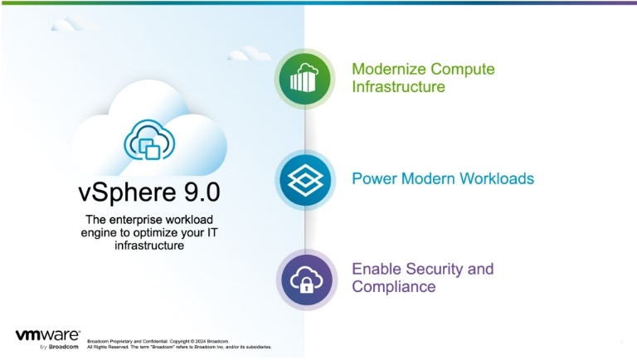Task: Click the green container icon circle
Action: tap(304, 79)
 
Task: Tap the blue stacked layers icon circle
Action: tap(305, 180)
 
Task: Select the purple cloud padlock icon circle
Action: tap(307, 280)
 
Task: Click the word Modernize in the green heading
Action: tap(389, 69)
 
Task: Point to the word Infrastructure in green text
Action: tap(398, 86)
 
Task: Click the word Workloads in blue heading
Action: tap(497, 178)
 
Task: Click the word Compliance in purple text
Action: tap(394, 286)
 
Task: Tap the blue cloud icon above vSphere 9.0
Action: tap(149, 139)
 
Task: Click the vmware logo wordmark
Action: tap(48, 335)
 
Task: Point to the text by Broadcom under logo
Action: tap(60, 347)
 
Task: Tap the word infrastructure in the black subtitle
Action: tap(149, 246)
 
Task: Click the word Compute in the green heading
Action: tap(463, 69)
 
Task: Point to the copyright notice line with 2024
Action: tap(158, 341)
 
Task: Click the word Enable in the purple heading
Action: tap(377, 269)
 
